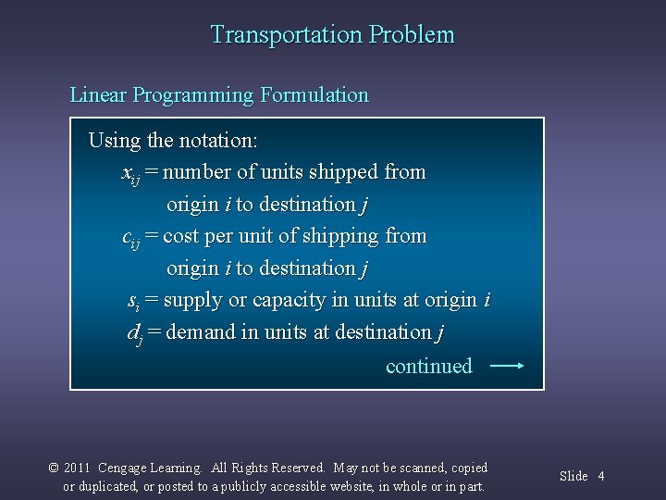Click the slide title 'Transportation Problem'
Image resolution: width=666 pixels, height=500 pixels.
pos(332,35)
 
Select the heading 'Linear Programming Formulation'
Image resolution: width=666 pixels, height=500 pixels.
pos(219,95)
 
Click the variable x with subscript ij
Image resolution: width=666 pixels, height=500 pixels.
pos(130,173)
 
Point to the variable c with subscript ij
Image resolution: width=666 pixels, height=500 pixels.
pos(130,237)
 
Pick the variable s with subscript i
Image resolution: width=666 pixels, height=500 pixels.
pos(133,301)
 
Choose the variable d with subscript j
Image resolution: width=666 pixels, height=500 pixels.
pos(134,333)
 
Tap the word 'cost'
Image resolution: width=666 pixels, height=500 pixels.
pos(180,236)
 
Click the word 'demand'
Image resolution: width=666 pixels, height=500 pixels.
pos(199,332)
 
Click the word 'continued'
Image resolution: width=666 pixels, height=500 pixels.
pos(428,367)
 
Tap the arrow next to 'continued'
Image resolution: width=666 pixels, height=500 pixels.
pos(507,366)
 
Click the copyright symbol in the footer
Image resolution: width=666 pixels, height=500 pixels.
pos(54,469)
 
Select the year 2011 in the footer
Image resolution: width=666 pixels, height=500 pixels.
pos(78,469)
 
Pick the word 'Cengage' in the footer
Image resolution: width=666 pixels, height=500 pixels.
pos(123,469)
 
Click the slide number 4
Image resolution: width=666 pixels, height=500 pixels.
pos(601,476)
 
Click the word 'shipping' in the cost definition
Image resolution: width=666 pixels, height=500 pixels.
pos(341,237)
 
